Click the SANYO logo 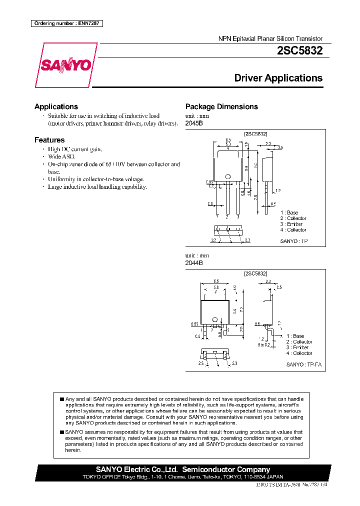pos(66,65)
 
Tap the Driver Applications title pos(278,78)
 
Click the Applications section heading pos(56,106)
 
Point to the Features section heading pos(49,140)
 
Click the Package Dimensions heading pos(221,106)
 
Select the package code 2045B pos(194,123)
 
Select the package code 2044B pos(194,262)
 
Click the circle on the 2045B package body pos(227,176)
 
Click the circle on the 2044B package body pos(215,320)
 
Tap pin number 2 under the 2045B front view pos(227,216)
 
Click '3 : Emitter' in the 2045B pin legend pos(291,224)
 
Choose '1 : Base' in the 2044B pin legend pos(295,336)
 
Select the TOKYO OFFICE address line pos(182,477)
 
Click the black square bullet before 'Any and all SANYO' pos(61,399)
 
